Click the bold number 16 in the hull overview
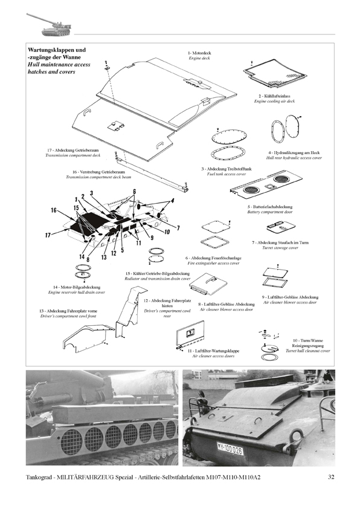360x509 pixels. click(x=54, y=211)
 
